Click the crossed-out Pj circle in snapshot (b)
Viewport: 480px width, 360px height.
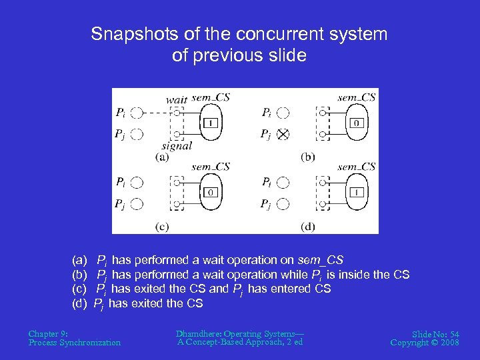283,135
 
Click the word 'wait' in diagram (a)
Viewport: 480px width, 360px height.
176,100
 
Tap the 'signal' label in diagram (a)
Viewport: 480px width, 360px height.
177,145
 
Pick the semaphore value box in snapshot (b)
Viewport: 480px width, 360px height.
357,123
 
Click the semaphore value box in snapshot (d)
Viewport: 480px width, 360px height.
357,193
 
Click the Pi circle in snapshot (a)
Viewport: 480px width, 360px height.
137,113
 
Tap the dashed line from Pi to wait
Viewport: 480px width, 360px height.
157,113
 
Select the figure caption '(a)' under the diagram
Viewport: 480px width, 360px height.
162,157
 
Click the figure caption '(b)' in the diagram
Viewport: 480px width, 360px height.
308,157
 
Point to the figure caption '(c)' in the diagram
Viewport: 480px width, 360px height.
162,227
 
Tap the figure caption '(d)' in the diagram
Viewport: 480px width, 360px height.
308,227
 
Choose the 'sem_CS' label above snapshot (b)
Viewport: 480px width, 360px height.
356,97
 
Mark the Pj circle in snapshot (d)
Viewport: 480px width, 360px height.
283,204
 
